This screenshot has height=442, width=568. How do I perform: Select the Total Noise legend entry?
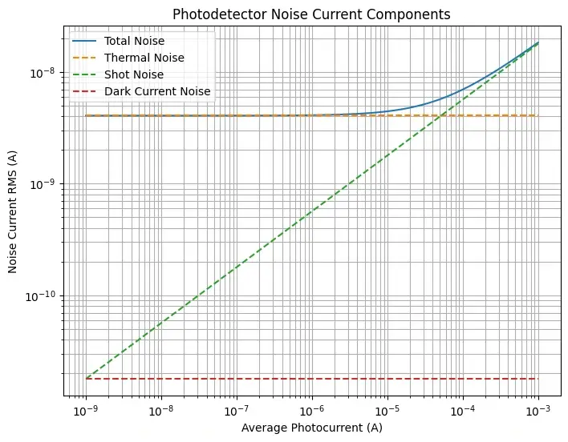point(140,40)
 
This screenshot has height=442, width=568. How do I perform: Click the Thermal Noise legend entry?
point(145,58)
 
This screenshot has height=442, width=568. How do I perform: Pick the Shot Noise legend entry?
point(136,74)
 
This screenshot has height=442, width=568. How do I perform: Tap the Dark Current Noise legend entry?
point(157,91)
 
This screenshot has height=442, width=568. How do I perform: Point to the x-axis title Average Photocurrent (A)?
point(311,428)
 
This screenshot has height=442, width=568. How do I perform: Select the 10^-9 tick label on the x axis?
point(85,411)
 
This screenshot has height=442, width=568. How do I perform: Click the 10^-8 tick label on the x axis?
point(160,411)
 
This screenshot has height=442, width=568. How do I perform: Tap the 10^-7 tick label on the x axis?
point(236,411)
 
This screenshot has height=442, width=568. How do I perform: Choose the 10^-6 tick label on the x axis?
point(311,411)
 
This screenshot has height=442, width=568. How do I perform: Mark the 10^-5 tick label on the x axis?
point(387,411)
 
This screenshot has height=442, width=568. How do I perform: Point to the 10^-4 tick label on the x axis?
point(462,411)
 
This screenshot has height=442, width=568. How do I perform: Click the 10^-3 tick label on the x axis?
point(538,411)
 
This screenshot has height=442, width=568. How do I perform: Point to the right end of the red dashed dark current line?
point(538,379)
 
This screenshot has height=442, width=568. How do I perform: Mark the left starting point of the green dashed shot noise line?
point(85,379)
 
